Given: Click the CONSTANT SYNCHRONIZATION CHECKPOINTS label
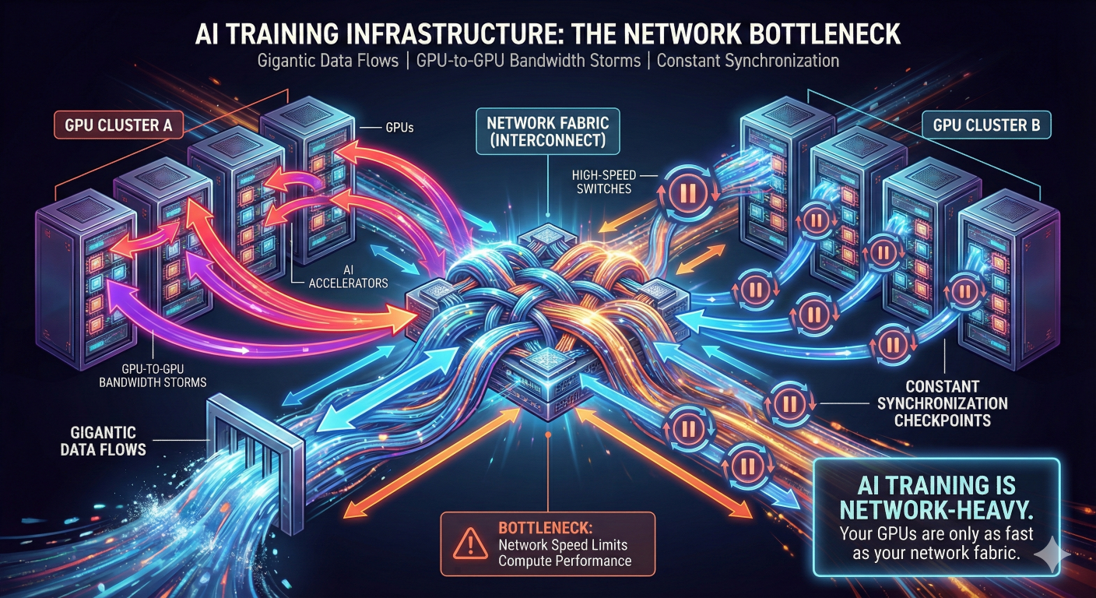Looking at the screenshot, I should coord(942,403).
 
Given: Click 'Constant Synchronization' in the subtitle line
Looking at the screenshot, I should coord(747,60).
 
